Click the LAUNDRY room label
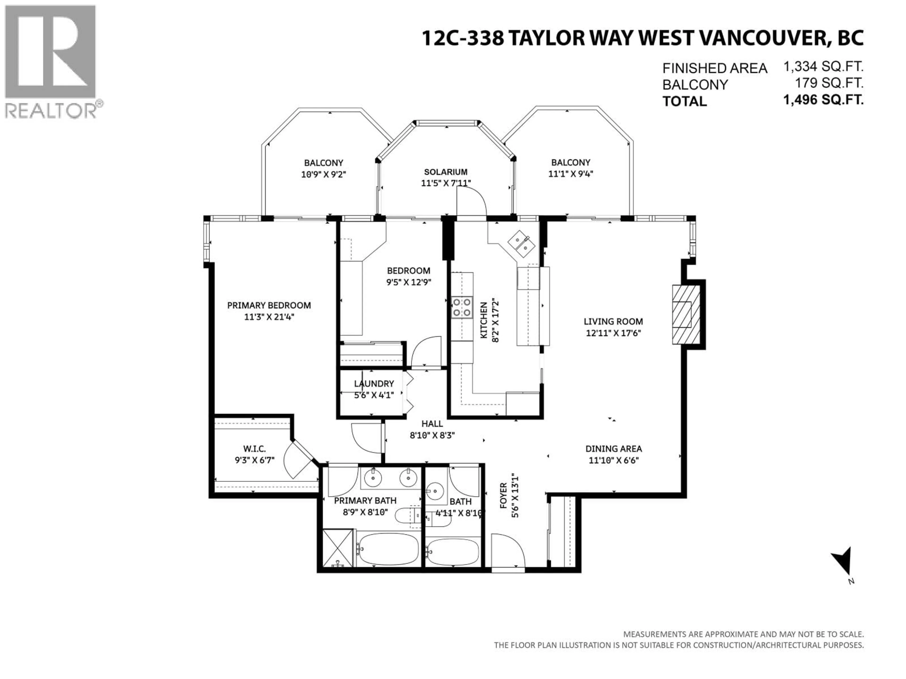373,384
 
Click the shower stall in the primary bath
338,548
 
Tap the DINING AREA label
613,449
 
